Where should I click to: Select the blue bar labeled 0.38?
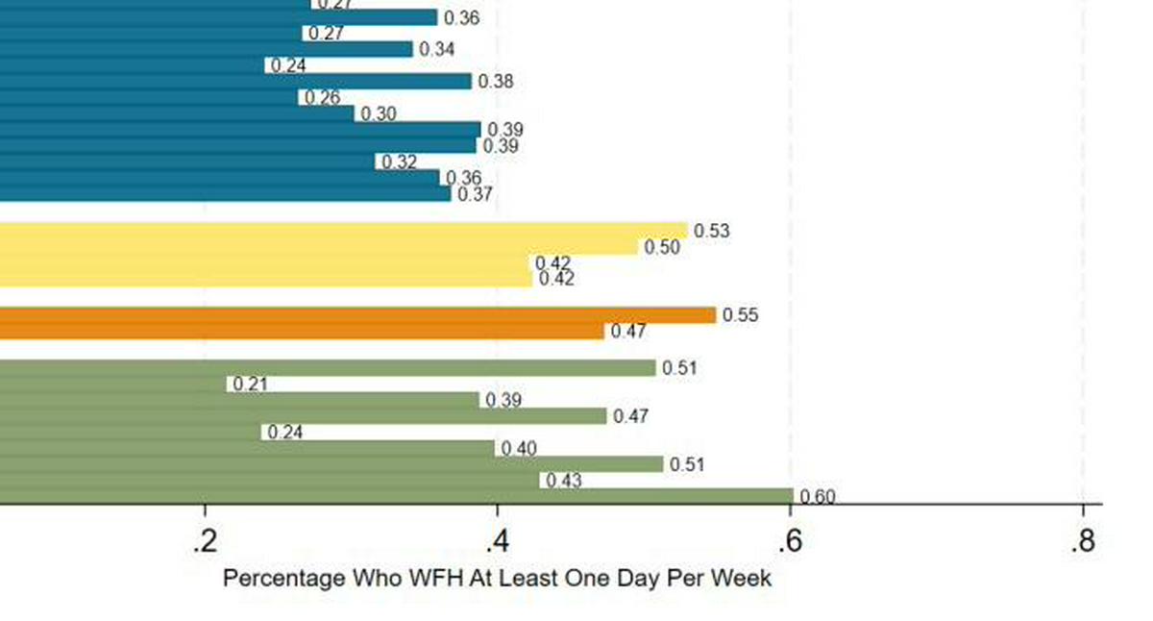coord(235,82)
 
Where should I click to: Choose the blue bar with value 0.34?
coord(207,49)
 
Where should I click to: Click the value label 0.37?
coord(475,194)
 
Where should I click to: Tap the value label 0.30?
coord(379,114)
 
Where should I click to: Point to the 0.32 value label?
coord(399,162)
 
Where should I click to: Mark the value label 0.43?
coord(564,481)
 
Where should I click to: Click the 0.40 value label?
coord(519,449)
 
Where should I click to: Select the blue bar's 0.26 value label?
coord(320,98)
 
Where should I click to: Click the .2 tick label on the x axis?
coord(203,542)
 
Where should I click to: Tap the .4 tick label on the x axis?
coord(496,542)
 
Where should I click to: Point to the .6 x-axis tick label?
coord(789,542)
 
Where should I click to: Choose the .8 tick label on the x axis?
coord(1082,542)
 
